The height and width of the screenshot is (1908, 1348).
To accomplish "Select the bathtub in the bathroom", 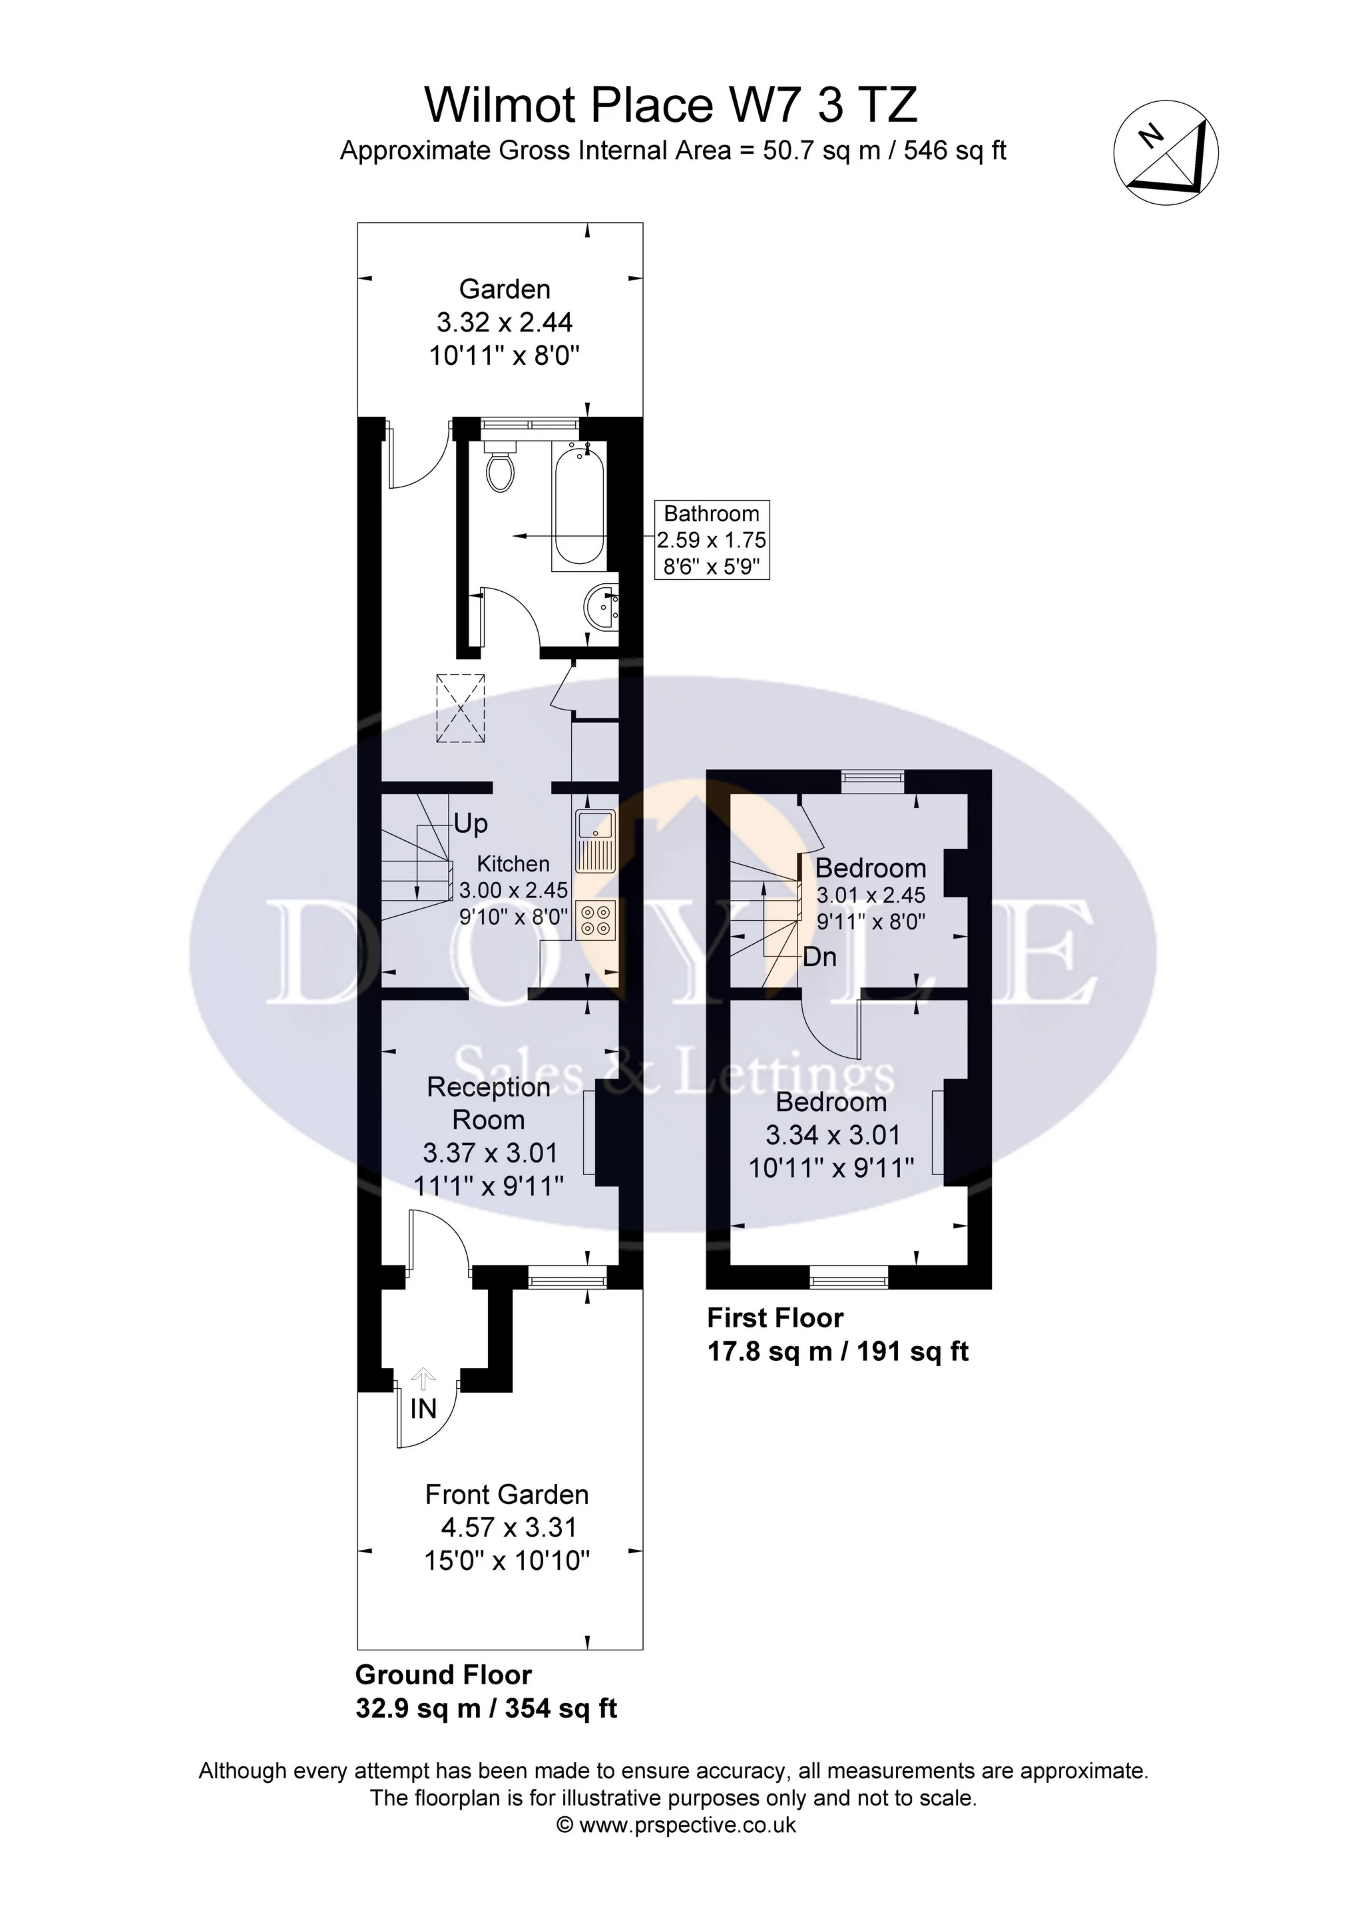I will click(x=578, y=505).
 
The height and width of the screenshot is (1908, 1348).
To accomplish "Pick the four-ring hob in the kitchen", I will click(x=595, y=919).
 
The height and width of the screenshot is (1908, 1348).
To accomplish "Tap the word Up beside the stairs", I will click(x=471, y=824).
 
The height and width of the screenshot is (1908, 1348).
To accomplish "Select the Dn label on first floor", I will click(x=819, y=957).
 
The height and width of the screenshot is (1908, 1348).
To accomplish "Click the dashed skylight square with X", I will click(x=461, y=708).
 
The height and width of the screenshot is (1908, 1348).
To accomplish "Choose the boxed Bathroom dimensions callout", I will click(x=712, y=539).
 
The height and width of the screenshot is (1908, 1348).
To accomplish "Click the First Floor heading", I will click(x=775, y=1318).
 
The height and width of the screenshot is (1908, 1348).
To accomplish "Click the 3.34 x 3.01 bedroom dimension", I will click(x=832, y=1134).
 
